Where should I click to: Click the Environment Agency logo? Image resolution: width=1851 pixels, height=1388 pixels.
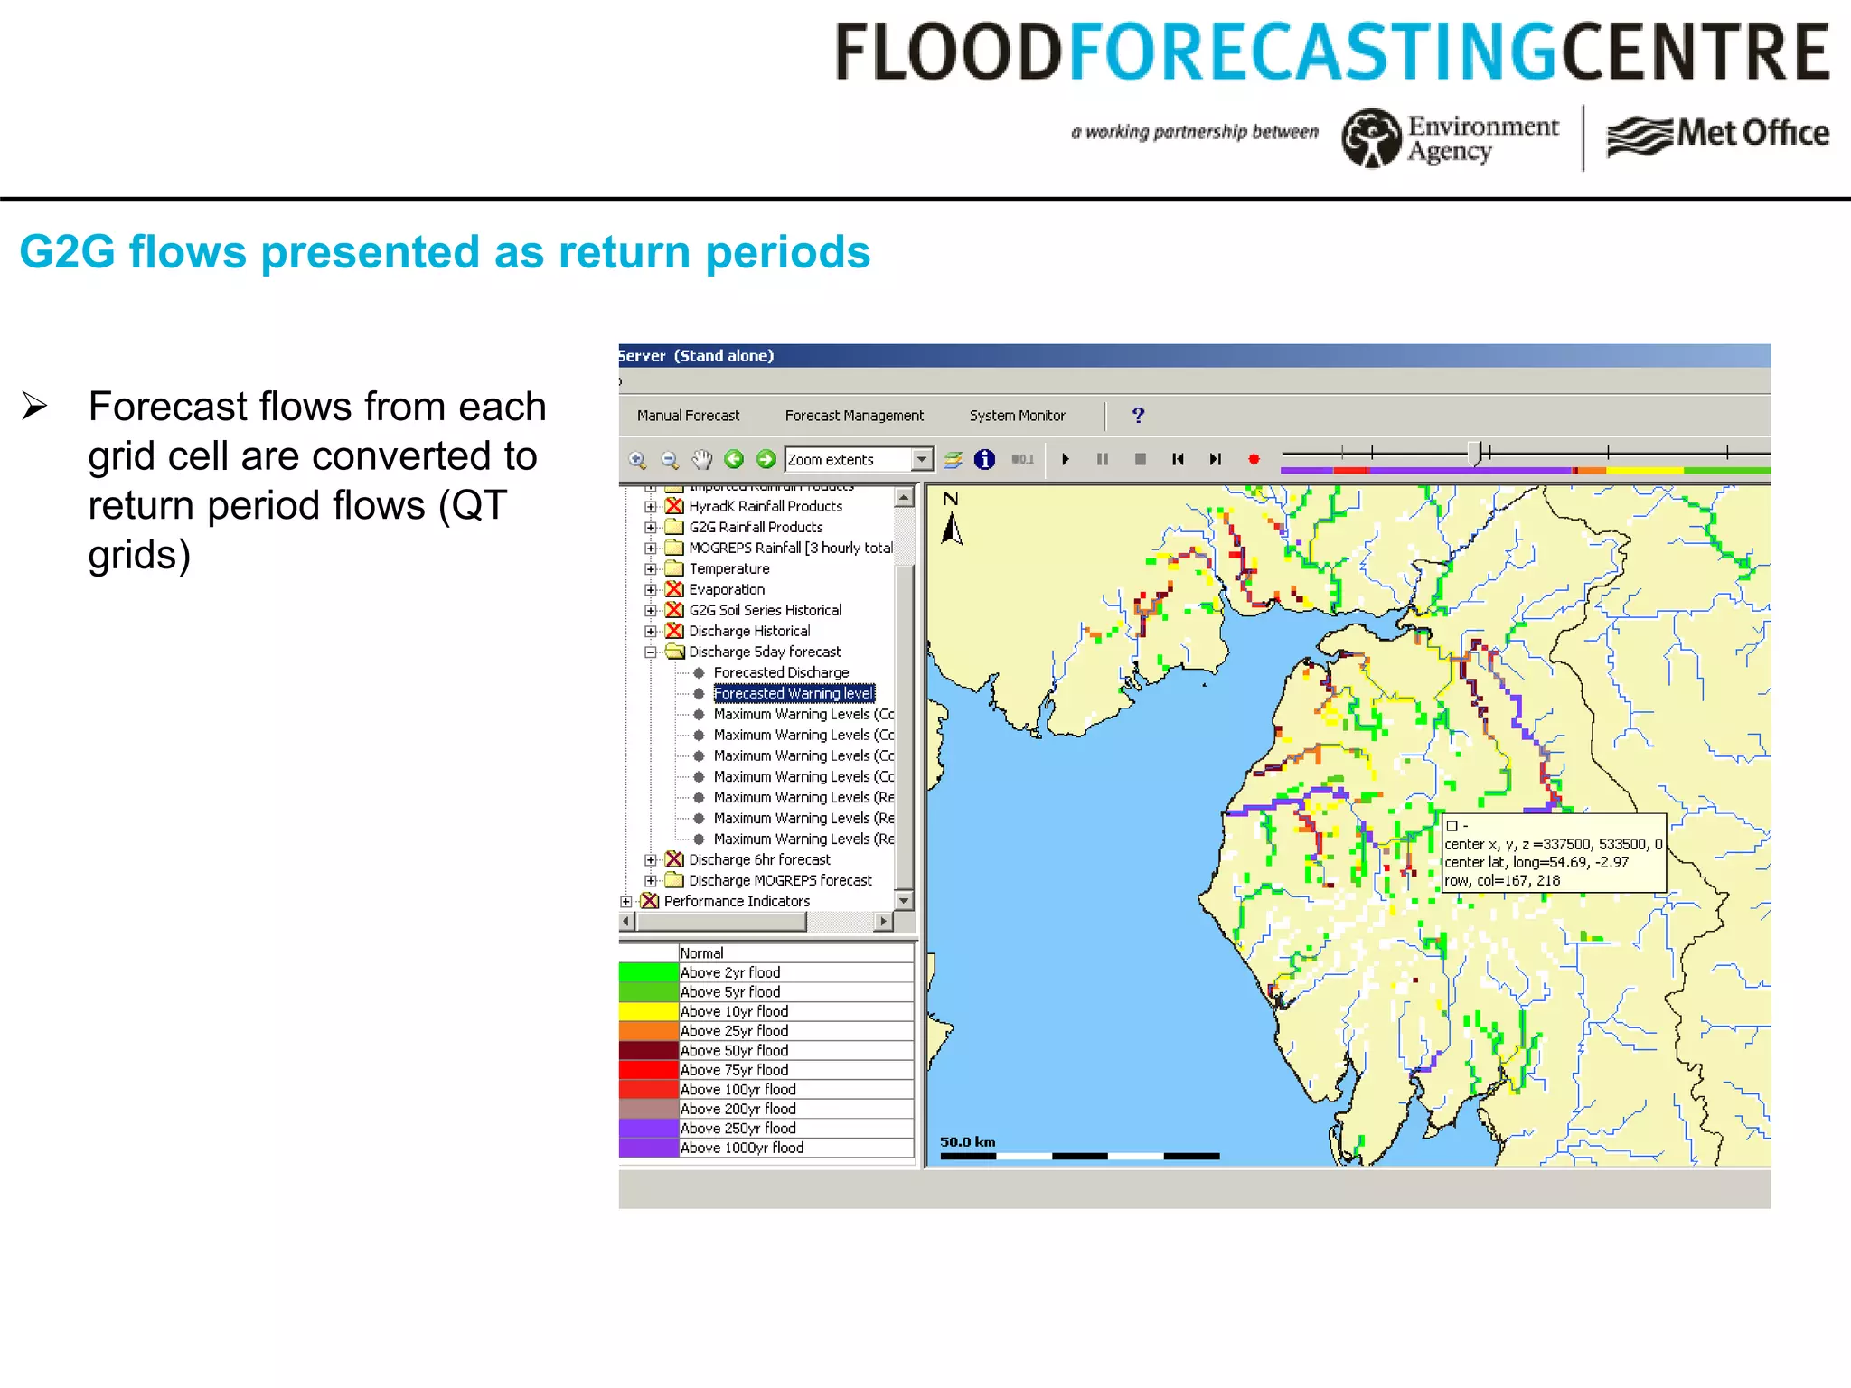[x=1451, y=137]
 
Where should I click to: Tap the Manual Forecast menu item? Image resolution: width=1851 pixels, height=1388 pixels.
[x=688, y=416]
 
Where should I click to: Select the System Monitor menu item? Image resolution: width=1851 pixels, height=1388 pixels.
[x=1017, y=416]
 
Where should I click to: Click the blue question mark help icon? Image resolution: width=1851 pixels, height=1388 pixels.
[x=1138, y=416]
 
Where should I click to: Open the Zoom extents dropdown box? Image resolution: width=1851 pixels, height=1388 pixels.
[x=921, y=459]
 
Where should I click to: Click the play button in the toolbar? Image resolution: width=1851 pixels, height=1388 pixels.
[x=1066, y=459]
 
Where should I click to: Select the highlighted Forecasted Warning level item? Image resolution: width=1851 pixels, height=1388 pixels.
[x=794, y=693]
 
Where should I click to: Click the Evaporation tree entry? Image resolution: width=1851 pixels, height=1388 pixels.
[x=726, y=589]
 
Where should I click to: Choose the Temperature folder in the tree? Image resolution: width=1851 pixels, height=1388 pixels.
[x=728, y=568]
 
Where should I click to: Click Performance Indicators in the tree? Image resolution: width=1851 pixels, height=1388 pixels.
[x=736, y=901]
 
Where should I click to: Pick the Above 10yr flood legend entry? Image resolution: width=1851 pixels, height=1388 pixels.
[x=734, y=1011]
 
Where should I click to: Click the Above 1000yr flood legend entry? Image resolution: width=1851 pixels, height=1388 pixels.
[x=741, y=1148]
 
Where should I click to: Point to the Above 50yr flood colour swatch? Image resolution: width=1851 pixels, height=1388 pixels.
[x=648, y=1050]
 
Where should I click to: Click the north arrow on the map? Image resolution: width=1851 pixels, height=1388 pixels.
[x=951, y=521]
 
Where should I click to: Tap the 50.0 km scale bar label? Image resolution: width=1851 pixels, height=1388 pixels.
[x=967, y=1141]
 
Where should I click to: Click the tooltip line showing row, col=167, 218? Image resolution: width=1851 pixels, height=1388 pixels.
[x=1501, y=880]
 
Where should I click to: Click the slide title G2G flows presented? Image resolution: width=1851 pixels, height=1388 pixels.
[x=444, y=252]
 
